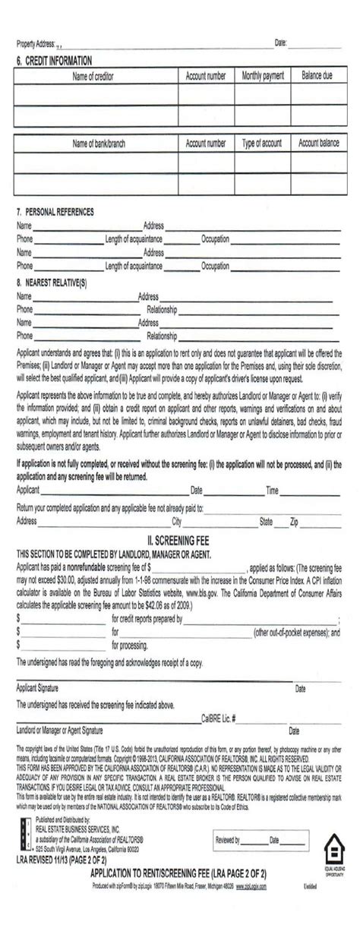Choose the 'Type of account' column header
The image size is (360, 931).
[262, 144]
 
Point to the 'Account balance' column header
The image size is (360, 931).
[319, 144]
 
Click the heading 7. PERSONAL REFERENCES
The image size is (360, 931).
[55, 213]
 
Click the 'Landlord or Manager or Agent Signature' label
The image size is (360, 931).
[59, 730]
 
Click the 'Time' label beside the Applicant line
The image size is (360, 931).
[272, 490]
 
